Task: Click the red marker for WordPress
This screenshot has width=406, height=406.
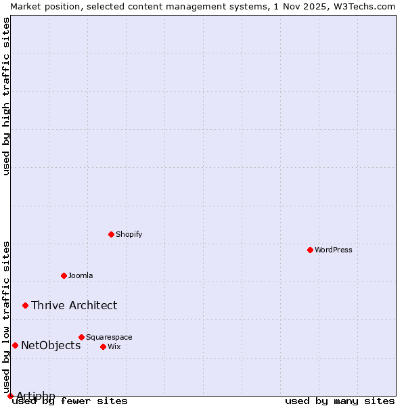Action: [x=311, y=250]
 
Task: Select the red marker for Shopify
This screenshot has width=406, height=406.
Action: [x=112, y=234]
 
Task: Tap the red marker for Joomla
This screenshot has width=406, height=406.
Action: [x=64, y=275]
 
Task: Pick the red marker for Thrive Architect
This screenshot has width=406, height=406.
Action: [x=26, y=305]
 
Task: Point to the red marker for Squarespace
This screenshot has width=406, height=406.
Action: [x=82, y=337]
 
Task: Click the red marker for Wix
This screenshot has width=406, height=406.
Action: [x=104, y=346]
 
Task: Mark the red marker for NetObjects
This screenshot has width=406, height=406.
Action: [x=15, y=345]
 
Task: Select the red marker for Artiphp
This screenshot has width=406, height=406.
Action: [x=10, y=396]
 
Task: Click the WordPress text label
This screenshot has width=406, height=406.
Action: [x=334, y=250]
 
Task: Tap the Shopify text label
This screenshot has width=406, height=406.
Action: [x=129, y=234]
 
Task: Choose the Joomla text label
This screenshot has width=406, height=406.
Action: [x=81, y=275]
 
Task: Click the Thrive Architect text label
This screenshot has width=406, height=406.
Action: [x=74, y=305]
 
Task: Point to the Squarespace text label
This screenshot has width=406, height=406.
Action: [x=109, y=337]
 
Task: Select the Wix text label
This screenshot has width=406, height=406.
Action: [x=114, y=346]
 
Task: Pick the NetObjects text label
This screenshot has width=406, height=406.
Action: [x=51, y=345]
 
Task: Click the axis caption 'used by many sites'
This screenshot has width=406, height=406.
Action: [x=340, y=401]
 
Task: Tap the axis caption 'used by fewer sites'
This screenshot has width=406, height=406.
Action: [x=70, y=401]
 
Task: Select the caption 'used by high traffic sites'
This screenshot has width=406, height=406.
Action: [x=6, y=96]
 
